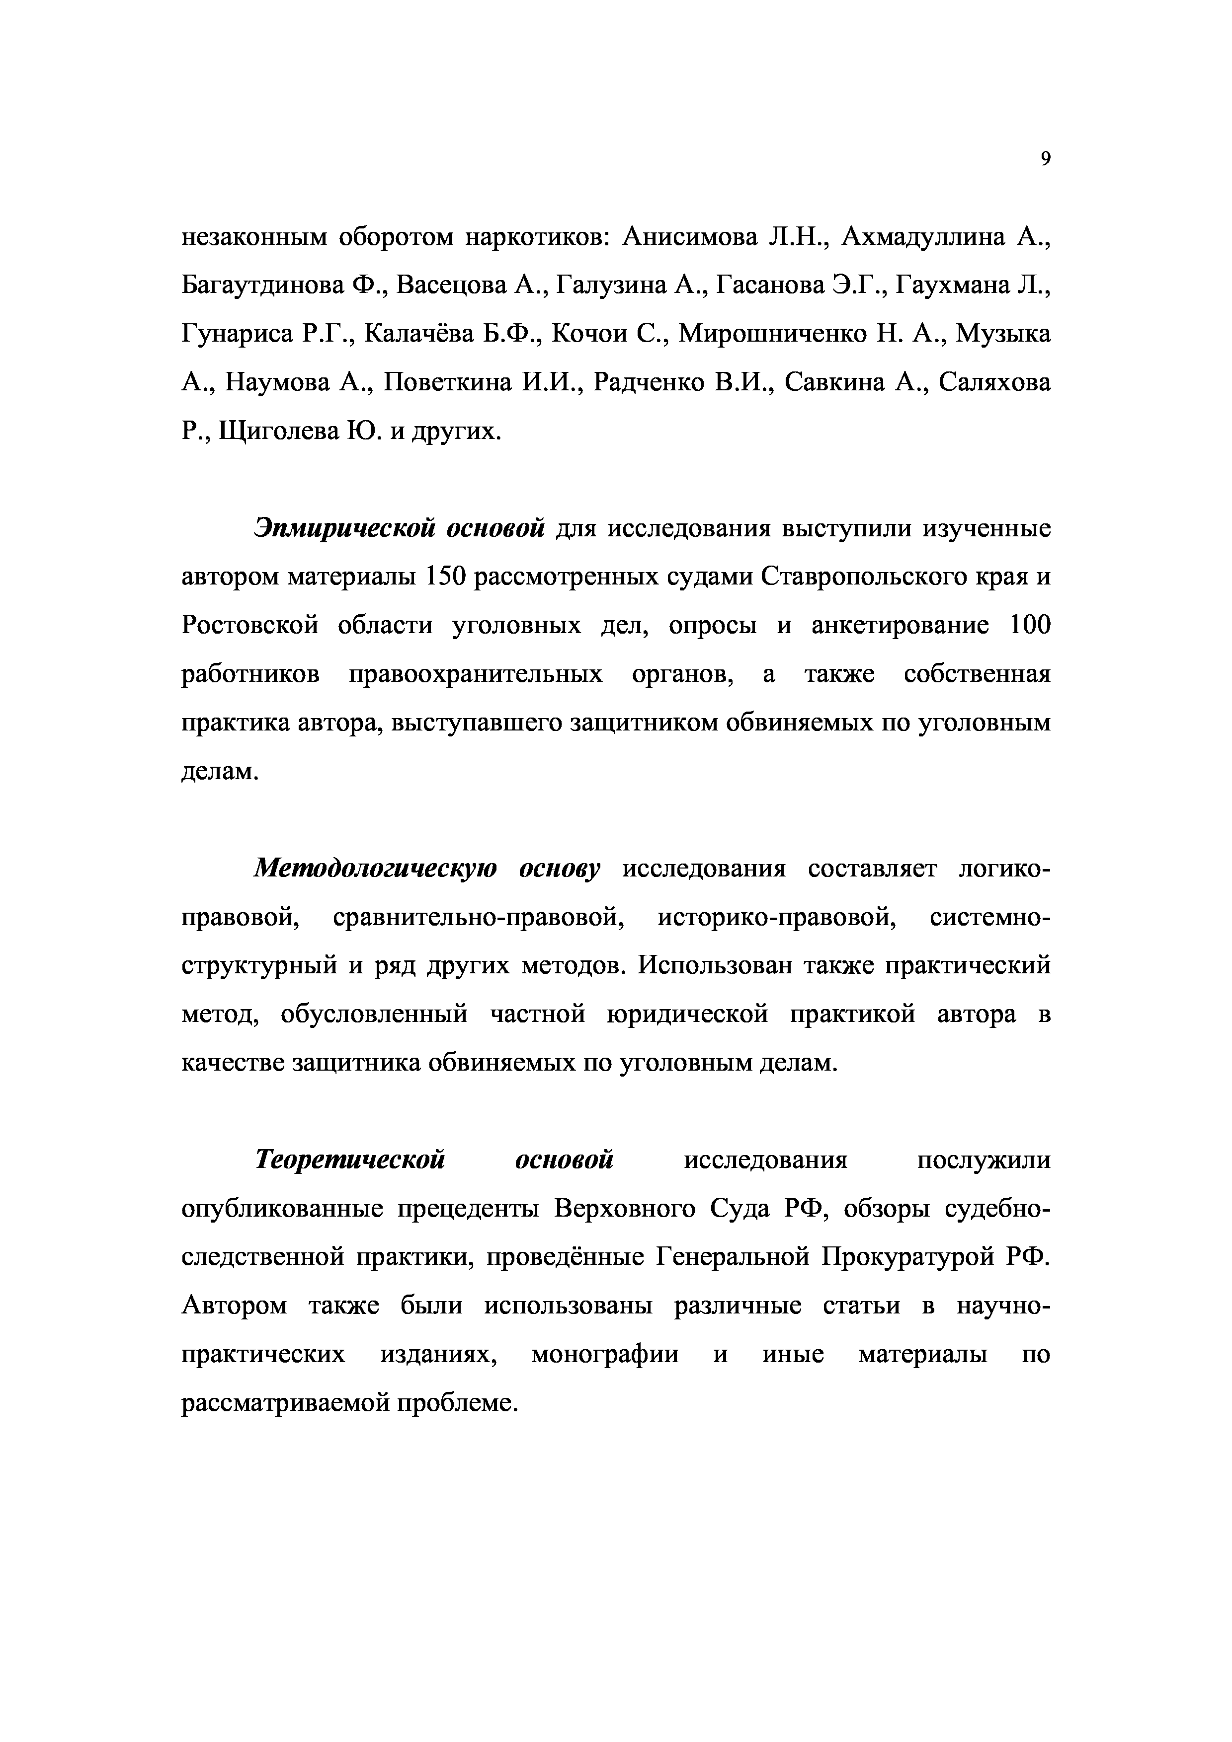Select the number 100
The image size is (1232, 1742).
coord(1030,625)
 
